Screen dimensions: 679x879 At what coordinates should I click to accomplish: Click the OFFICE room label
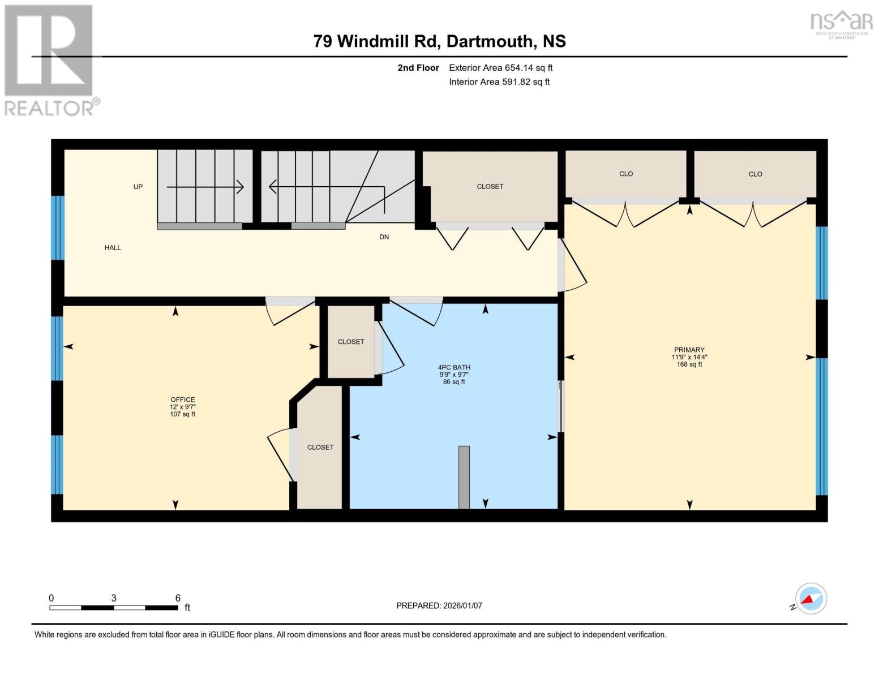(x=183, y=399)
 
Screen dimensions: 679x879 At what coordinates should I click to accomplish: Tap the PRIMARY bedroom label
(x=689, y=350)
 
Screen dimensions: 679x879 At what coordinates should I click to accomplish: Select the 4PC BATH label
(x=454, y=367)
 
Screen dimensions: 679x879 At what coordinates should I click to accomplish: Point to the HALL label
(x=113, y=247)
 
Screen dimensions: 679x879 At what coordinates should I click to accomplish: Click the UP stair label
(x=138, y=187)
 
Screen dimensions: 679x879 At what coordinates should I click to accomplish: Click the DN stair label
(x=384, y=237)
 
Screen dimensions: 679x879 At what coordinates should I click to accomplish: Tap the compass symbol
(x=811, y=599)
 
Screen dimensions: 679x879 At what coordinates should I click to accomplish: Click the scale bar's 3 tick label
(x=114, y=598)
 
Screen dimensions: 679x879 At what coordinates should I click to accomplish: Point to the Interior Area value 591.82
(x=526, y=82)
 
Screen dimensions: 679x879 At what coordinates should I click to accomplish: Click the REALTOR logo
(x=50, y=59)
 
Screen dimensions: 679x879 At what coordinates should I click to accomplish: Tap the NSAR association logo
(x=841, y=24)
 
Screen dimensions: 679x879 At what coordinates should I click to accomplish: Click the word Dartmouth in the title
(x=490, y=41)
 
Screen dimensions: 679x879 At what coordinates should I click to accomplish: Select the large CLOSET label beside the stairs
(x=490, y=186)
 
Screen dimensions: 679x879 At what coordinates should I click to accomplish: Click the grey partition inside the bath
(x=464, y=477)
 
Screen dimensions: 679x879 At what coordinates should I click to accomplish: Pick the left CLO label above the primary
(x=625, y=174)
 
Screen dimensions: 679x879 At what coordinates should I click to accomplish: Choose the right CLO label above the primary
(x=755, y=174)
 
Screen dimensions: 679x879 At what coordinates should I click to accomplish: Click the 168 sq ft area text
(x=689, y=364)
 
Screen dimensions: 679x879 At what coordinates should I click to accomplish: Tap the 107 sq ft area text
(x=183, y=414)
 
